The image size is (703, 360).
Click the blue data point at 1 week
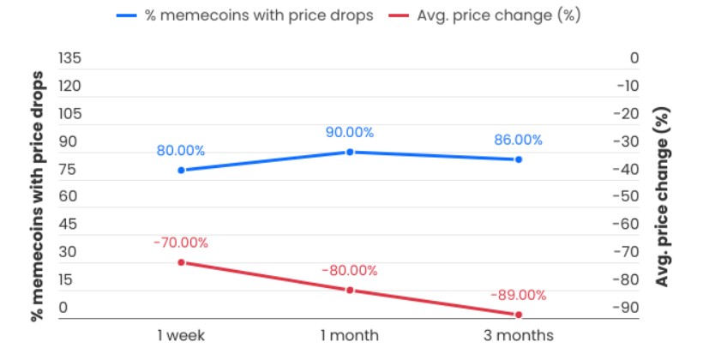click(x=181, y=170)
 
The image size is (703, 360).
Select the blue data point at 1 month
click(x=350, y=152)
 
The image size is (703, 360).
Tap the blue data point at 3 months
click(x=519, y=159)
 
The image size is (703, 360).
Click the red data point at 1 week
click(x=181, y=261)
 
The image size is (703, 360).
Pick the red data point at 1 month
click(x=350, y=290)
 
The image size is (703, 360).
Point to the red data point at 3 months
click(x=519, y=315)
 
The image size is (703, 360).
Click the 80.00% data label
click(x=181, y=150)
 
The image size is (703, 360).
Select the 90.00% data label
click(x=350, y=132)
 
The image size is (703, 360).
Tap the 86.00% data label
click(x=519, y=140)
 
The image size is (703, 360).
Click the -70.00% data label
click(x=181, y=243)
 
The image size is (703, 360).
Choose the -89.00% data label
click(x=519, y=295)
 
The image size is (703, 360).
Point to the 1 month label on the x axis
click(x=350, y=334)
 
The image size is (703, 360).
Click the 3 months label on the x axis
click(x=519, y=334)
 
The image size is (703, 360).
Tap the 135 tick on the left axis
click(x=69, y=58)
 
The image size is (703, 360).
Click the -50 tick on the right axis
click(x=628, y=196)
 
